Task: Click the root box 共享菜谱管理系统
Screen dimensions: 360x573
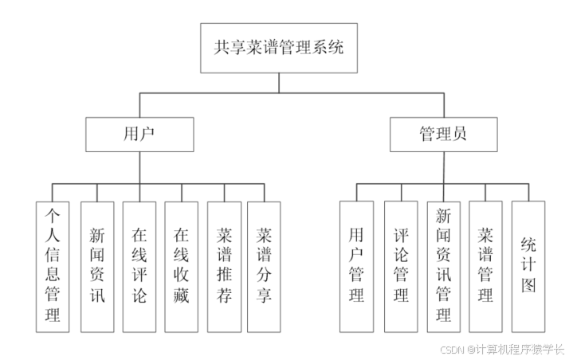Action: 278,47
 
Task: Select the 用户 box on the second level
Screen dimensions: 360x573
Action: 139,134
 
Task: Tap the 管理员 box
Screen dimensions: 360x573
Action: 443,134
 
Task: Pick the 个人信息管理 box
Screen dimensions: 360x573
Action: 53,266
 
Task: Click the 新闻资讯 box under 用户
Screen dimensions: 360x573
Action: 96,266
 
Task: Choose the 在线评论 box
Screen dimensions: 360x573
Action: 139,266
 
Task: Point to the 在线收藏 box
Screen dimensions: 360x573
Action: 182,266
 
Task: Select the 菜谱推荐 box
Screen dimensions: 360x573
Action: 224,266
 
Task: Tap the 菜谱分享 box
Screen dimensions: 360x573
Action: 265,266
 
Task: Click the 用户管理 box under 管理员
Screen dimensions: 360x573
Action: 356,266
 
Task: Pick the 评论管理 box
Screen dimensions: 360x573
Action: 401,266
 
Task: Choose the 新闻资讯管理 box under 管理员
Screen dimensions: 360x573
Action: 444,266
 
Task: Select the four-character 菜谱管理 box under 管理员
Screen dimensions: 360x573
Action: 485,266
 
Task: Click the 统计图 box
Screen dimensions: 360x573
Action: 528,266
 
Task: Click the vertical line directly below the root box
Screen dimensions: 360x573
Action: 278,83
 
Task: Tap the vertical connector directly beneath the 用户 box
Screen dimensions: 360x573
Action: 139,166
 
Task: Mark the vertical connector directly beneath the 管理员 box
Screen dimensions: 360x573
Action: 443,166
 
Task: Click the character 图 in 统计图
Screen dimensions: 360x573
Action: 528,287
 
